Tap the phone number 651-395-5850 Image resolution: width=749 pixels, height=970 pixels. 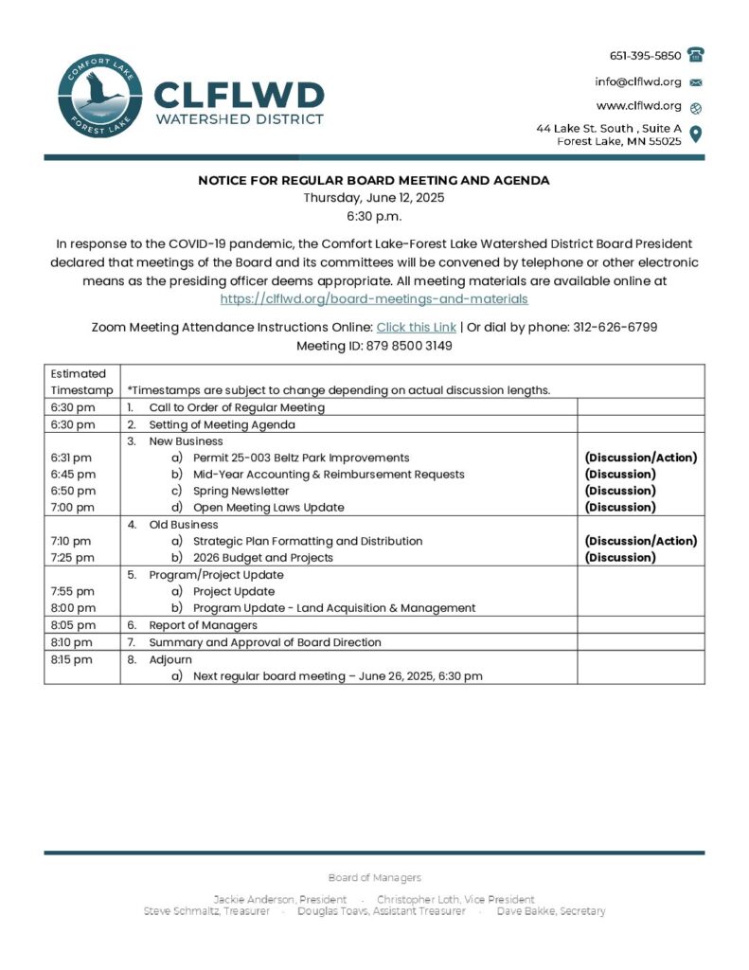click(645, 56)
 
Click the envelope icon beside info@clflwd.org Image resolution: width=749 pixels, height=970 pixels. click(696, 82)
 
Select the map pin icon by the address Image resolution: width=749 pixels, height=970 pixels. click(696, 134)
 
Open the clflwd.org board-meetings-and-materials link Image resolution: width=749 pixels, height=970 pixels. click(374, 298)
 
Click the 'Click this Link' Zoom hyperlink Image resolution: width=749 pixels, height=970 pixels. click(417, 327)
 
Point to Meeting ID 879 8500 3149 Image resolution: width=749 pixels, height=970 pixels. click(374, 346)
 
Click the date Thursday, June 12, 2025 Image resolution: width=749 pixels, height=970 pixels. click(374, 198)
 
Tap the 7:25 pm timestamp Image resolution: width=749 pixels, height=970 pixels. click(73, 558)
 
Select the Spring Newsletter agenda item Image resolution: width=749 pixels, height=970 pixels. click(241, 491)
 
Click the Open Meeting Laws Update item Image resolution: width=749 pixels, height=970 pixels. click(268, 508)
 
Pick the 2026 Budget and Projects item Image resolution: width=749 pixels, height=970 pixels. click(262, 558)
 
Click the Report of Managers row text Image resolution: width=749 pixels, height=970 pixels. click(203, 625)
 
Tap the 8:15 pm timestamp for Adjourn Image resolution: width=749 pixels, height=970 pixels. click(73, 659)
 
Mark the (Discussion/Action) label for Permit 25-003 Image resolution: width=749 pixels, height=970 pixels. click(641, 458)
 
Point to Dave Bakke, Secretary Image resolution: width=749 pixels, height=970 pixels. click(551, 911)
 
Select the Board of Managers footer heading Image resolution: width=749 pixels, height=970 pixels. click(374, 878)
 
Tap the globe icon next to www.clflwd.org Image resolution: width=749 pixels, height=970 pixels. click(696, 107)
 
